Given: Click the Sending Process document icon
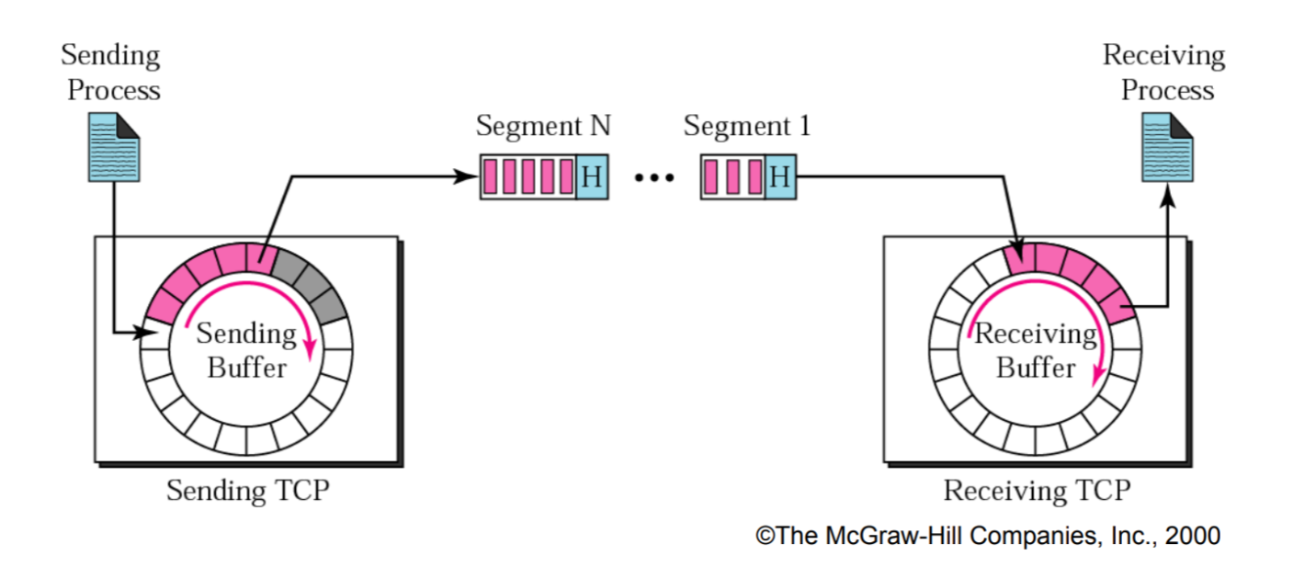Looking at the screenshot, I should (x=113, y=146).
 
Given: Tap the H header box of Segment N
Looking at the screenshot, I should (x=591, y=177).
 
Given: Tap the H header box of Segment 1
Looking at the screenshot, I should (x=779, y=177).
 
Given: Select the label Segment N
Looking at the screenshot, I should (x=543, y=126).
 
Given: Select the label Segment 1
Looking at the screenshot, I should (x=747, y=126).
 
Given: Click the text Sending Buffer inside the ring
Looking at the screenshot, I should (x=246, y=350).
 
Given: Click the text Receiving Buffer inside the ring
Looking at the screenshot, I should (x=1036, y=350).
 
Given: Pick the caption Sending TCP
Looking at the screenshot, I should (x=247, y=491).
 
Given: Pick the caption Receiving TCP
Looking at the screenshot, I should (x=1037, y=491).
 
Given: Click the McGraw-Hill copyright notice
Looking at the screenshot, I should (x=988, y=536).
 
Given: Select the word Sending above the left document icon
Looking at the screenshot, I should (x=110, y=55).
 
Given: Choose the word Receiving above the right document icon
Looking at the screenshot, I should (x=1163, y=55).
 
